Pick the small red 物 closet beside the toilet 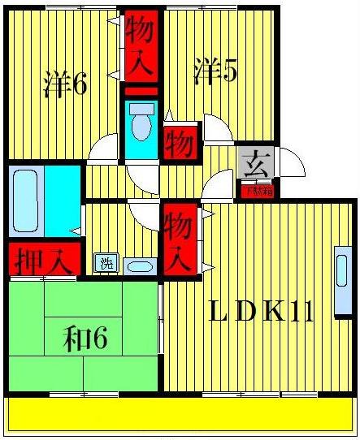point(180,144)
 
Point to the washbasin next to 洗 point(141,265)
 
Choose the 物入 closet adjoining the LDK point(179,239)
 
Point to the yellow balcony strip point(180,415)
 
